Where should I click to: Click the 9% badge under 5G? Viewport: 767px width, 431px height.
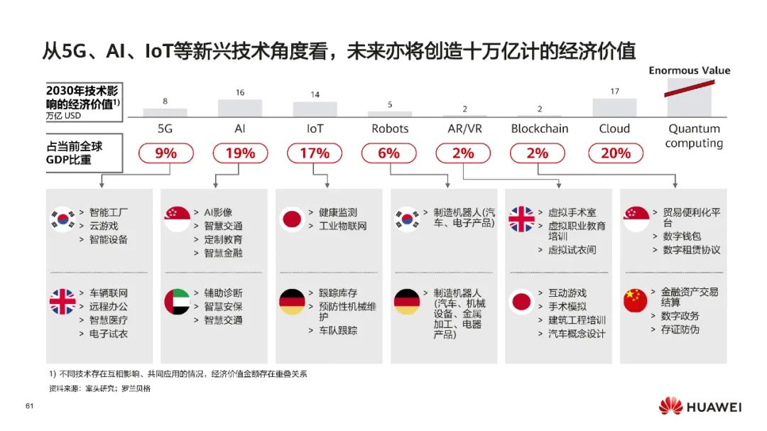[x=165, y=153]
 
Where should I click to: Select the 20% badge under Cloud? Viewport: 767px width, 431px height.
[x=615, y=153]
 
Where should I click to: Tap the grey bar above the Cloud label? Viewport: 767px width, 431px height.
[x=614, y=107]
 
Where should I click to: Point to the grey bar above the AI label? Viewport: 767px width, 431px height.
[x=240, y=108]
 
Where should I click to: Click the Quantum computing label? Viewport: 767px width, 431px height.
[x=694, y=136]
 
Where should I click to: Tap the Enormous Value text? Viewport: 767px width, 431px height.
[x=689, y=70]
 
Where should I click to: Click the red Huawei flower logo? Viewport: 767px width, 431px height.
[x=670, y=407]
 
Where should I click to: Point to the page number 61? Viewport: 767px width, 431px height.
[x=30, y=406]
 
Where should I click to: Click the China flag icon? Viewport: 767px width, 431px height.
[x=636, y=300]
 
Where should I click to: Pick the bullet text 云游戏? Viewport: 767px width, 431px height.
[x=104, y=226]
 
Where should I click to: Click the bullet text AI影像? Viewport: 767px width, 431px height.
[x=218, y=212]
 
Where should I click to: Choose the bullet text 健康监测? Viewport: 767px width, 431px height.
[x=338, y=212]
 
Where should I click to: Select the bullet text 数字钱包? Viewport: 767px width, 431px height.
[x=682, y=236]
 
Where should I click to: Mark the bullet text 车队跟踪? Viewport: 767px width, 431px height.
[x=338, y=330]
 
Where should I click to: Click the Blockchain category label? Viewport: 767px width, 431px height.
[x=540, y=129]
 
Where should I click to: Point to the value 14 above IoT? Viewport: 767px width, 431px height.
[x=315, y=94]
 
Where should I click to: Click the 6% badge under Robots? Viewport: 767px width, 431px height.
[x=389, y=153]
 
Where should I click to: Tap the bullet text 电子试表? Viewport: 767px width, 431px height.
[x=109, y=333]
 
